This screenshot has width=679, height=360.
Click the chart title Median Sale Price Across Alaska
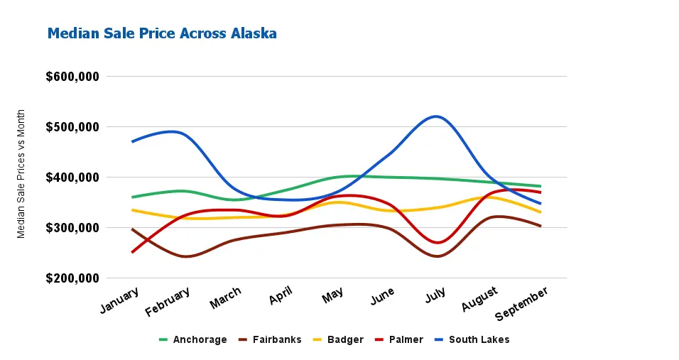[x=162, y=33]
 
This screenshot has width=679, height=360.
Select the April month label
[x=281, y=295]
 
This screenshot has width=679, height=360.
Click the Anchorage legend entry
[x=192, y=339]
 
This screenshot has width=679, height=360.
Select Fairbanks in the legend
[x=270, y=339]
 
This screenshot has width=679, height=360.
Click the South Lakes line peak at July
[x=435, y=116]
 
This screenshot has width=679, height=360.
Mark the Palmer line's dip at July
[x=438, y=243]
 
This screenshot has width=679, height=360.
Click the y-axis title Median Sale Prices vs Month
[x=21, y=173]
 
